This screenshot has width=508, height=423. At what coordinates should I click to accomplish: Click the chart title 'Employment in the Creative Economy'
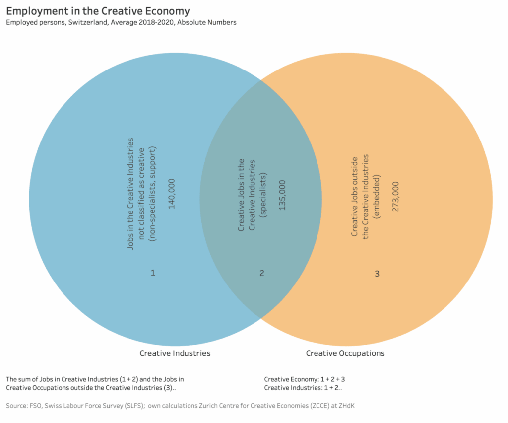point(98,11)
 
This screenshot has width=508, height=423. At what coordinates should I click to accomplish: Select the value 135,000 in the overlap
point(282,195)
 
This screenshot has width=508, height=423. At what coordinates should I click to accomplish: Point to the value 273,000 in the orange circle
point(395,197)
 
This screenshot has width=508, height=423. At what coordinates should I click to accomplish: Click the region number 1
point(153,273)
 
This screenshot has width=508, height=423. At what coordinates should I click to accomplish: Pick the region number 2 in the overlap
point(262,273)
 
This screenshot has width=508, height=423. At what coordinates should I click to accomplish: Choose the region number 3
point(377,273)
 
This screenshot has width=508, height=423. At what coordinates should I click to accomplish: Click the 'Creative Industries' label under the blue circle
point(175,353)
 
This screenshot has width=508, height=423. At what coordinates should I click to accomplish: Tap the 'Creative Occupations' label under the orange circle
point(345,353)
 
